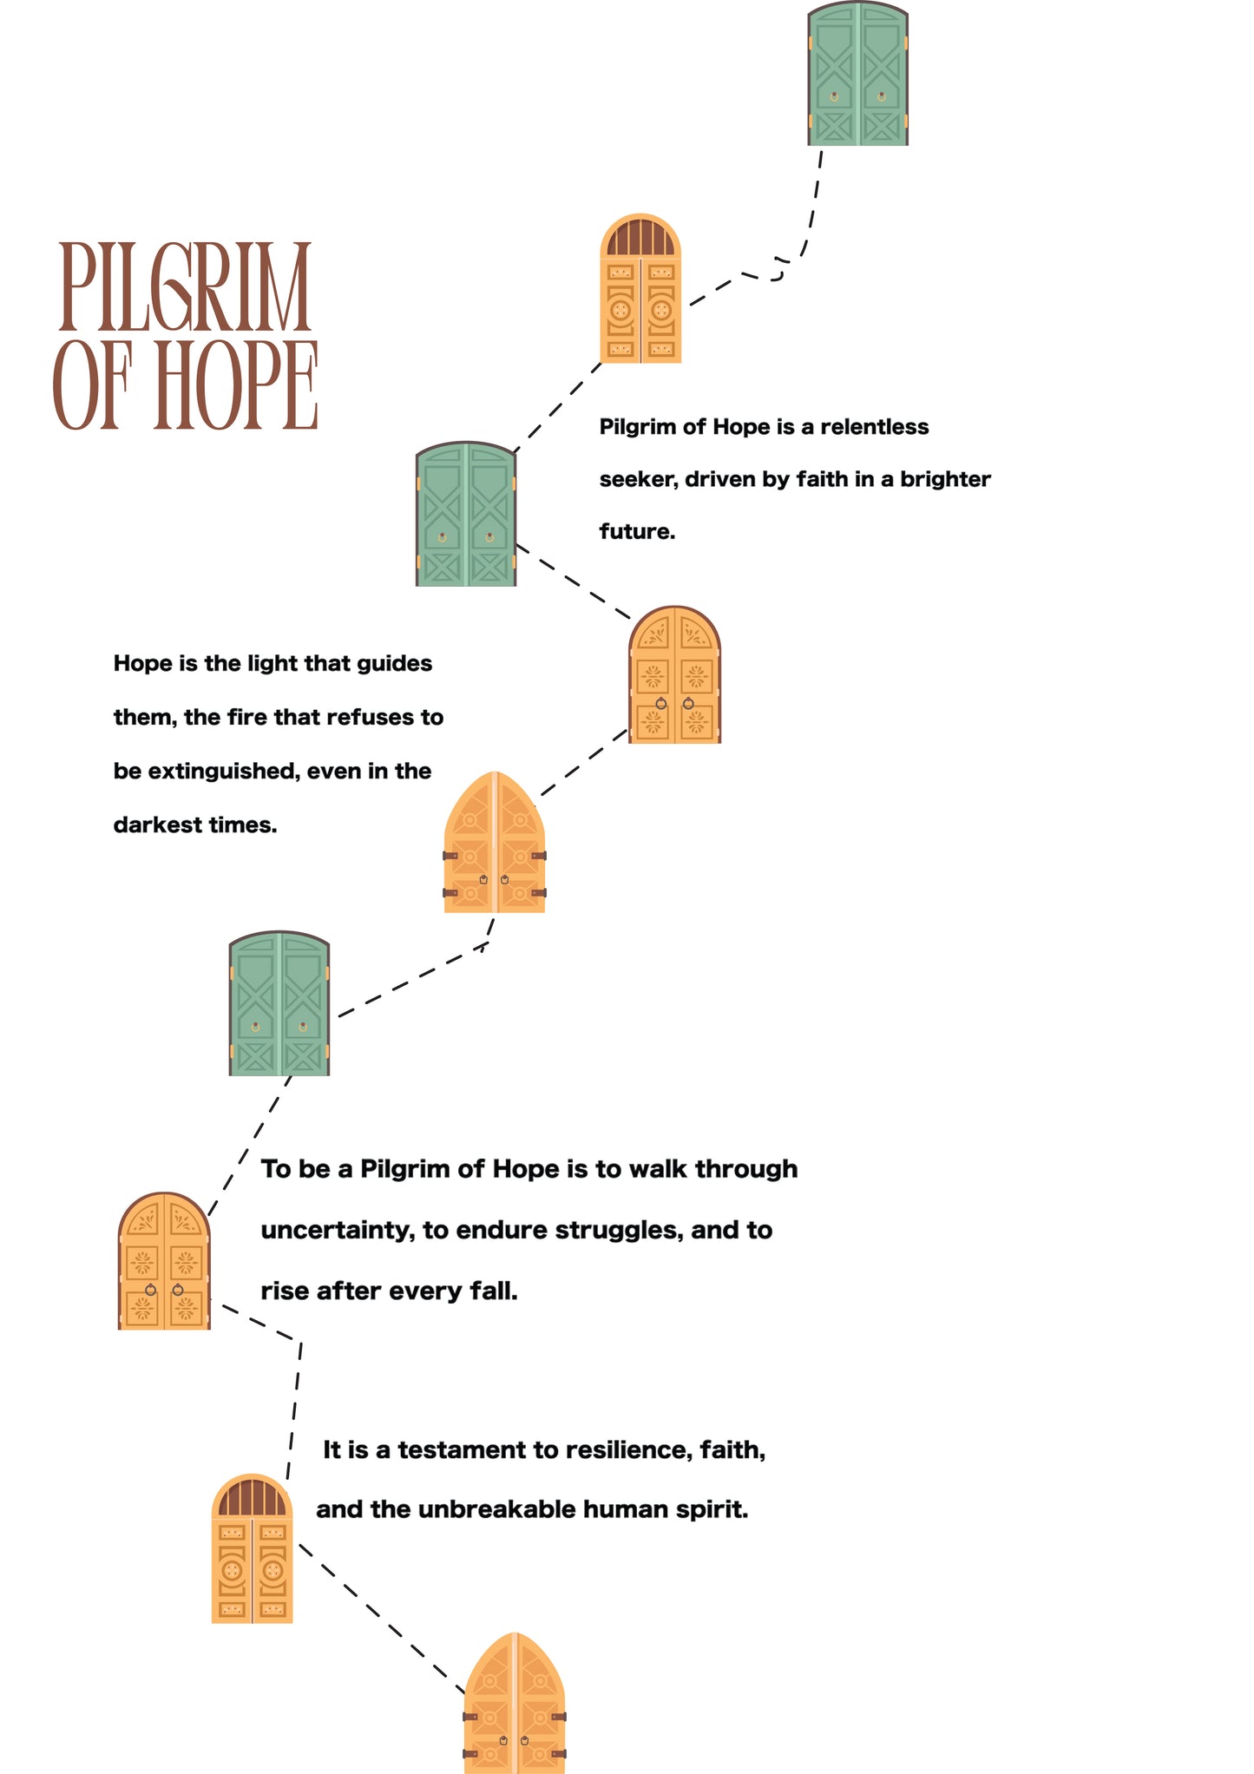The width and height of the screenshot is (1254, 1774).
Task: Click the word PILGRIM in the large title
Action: [x=184, y=287]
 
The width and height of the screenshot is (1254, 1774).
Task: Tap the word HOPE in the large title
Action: [x=235, y=384]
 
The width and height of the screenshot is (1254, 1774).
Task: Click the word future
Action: [x=636, y=531]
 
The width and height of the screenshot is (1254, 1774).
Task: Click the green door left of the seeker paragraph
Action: [x=466, y=515]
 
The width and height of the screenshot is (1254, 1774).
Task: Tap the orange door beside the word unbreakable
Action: [x=252, y=1548]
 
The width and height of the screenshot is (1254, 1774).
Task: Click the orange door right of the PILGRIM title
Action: [x=640, y=288]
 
